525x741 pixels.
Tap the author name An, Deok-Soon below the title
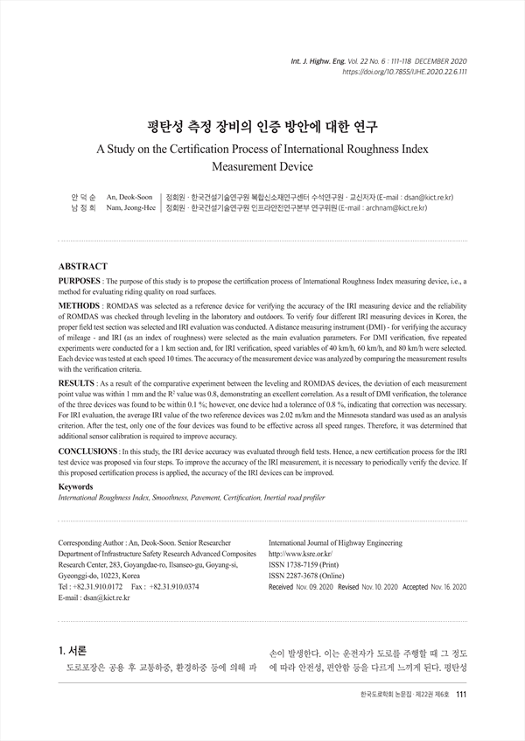pos(129,198)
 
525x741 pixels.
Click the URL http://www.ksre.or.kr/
pos(301,555)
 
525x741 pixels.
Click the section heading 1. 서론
pos(73,650)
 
